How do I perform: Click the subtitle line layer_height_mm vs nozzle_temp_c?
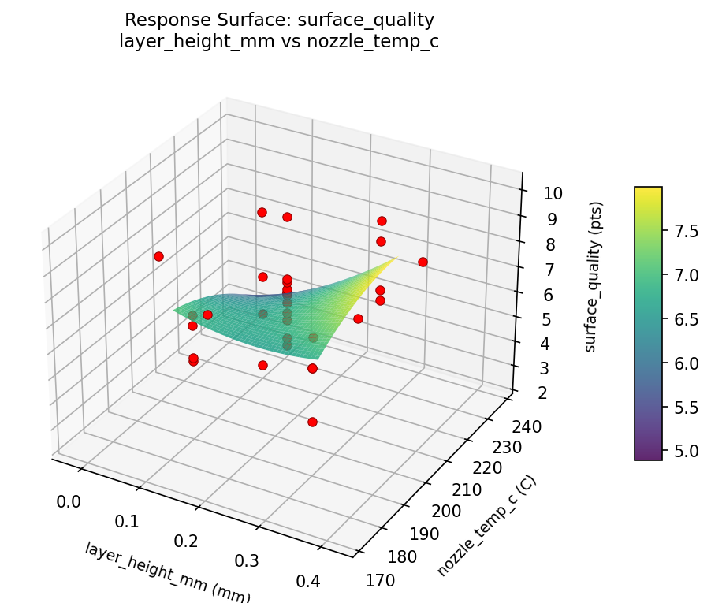(279, 42)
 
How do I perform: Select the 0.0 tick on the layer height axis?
(69, 501)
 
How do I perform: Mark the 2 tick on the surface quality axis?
(533, 393)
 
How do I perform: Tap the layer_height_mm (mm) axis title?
(167, 572)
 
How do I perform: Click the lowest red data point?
(312, 422)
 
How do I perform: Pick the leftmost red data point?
(158, 256)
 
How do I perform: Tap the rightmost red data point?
(423, 262)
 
